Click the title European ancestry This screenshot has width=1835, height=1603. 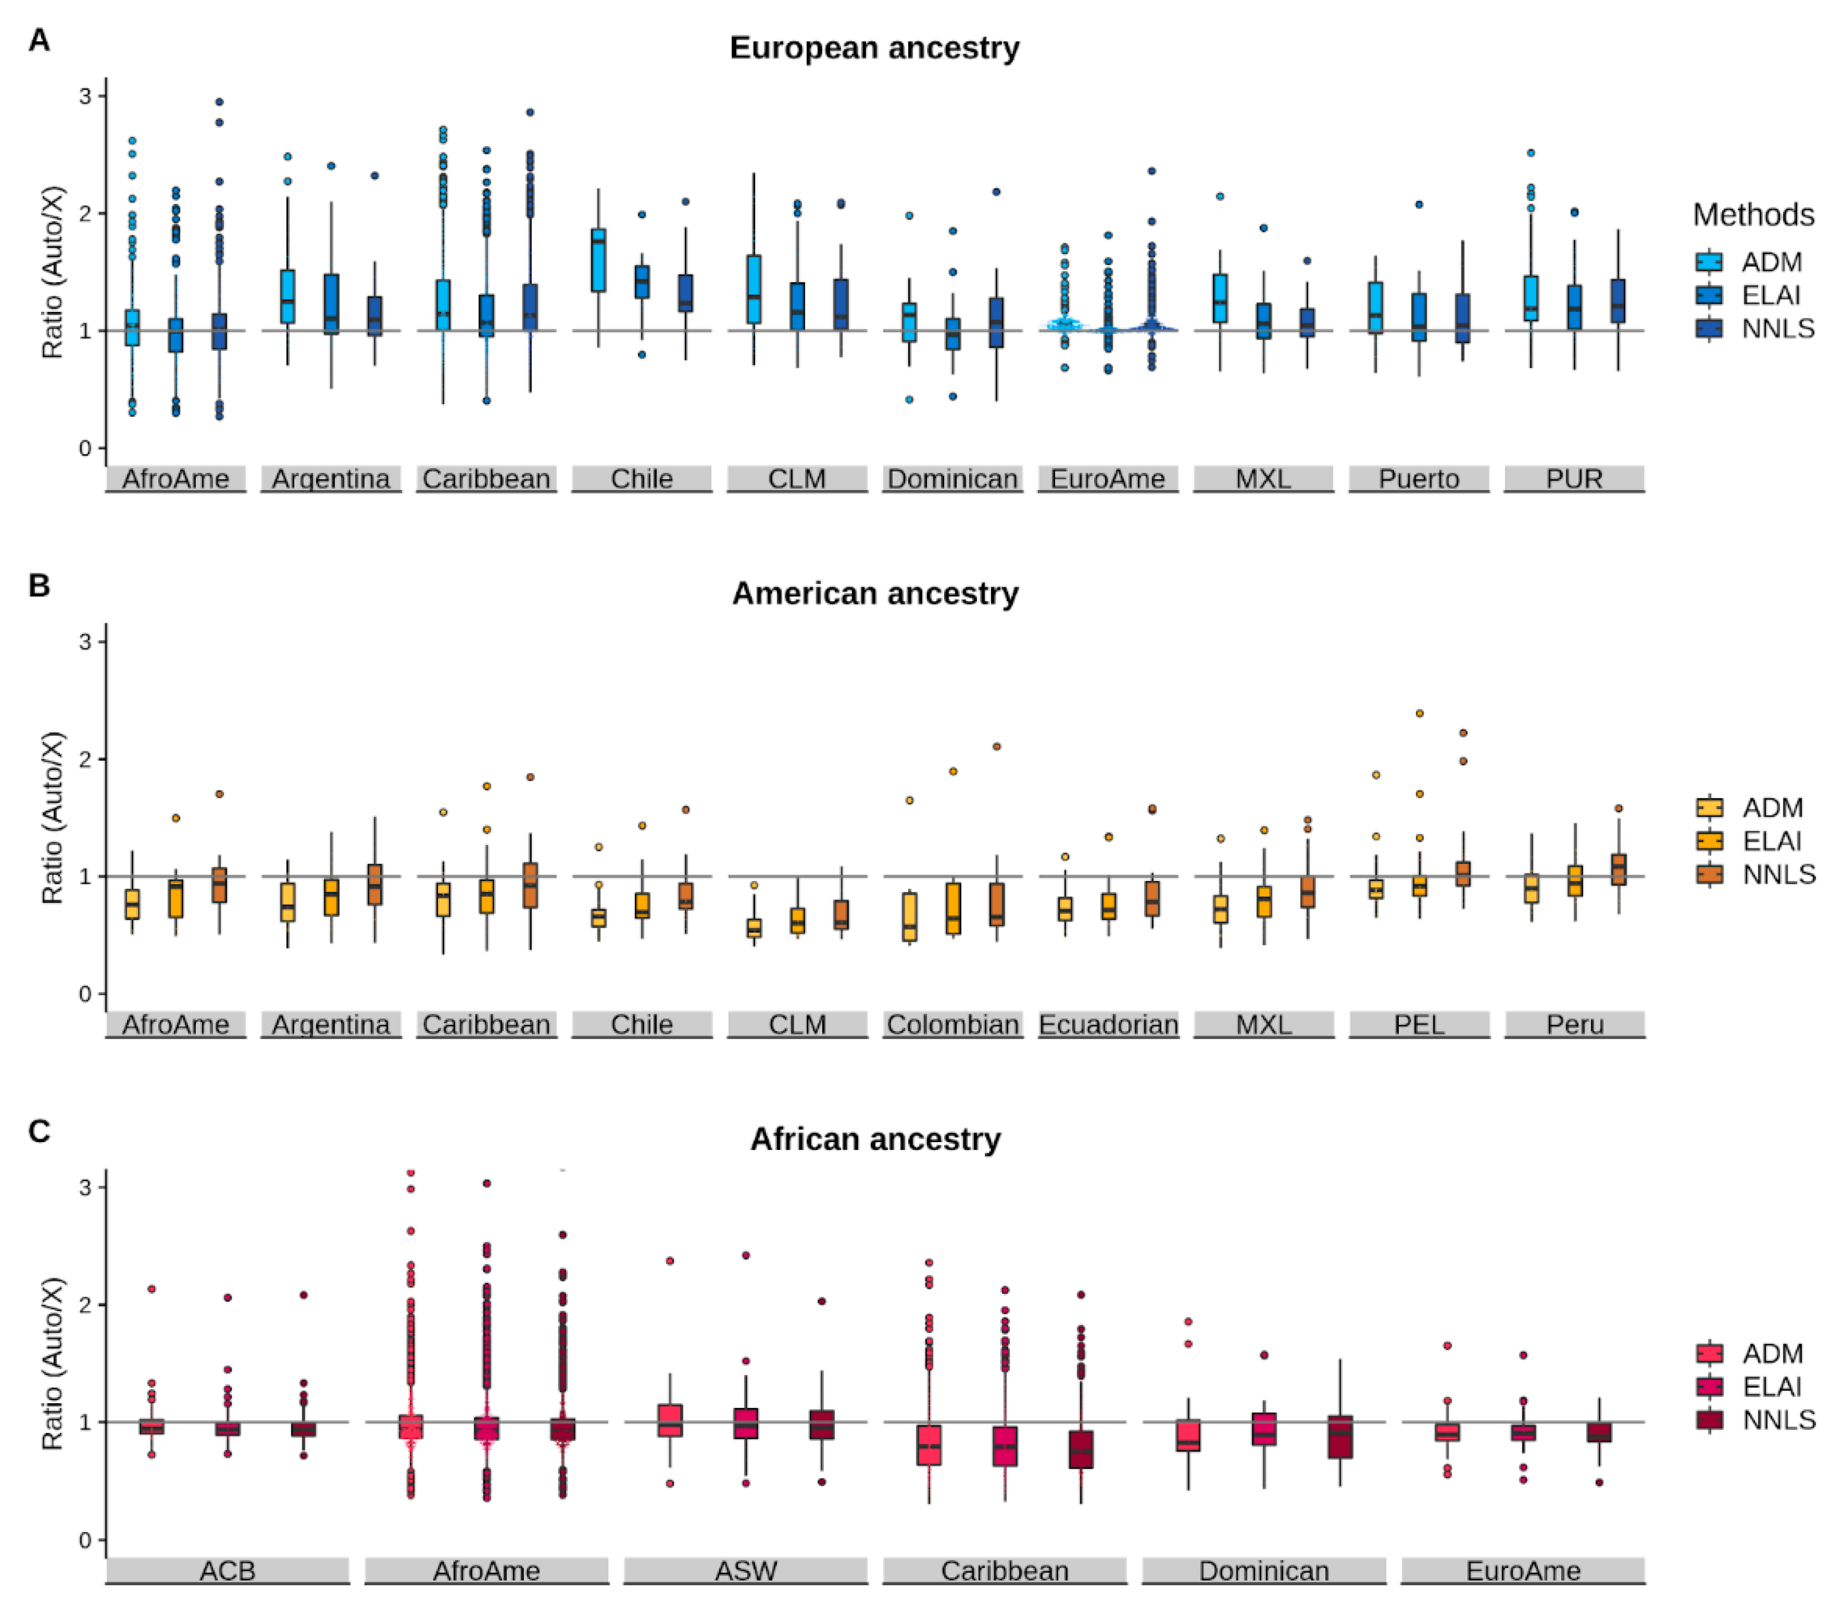pos(874,48)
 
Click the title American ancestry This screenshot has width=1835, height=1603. pos(874,593)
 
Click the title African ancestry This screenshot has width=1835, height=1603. pos(874,1139)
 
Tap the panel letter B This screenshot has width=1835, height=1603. pos(38,586)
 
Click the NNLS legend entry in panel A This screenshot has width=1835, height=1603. pos(1777,328)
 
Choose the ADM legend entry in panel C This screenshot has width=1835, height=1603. pos(1771,1353)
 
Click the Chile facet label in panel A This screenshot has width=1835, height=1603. pos(641,479)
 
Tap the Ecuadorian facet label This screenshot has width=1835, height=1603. pos(1108,1024)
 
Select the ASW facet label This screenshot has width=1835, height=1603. pos(745,1571)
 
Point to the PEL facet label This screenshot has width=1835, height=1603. pos(1419,1024)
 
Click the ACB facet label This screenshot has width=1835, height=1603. pos(227,1571)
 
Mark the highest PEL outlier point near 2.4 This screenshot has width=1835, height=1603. pos(1419,713)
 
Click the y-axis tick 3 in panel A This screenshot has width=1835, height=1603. pos(86,96)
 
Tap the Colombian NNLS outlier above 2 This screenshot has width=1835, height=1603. pos(997,746)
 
